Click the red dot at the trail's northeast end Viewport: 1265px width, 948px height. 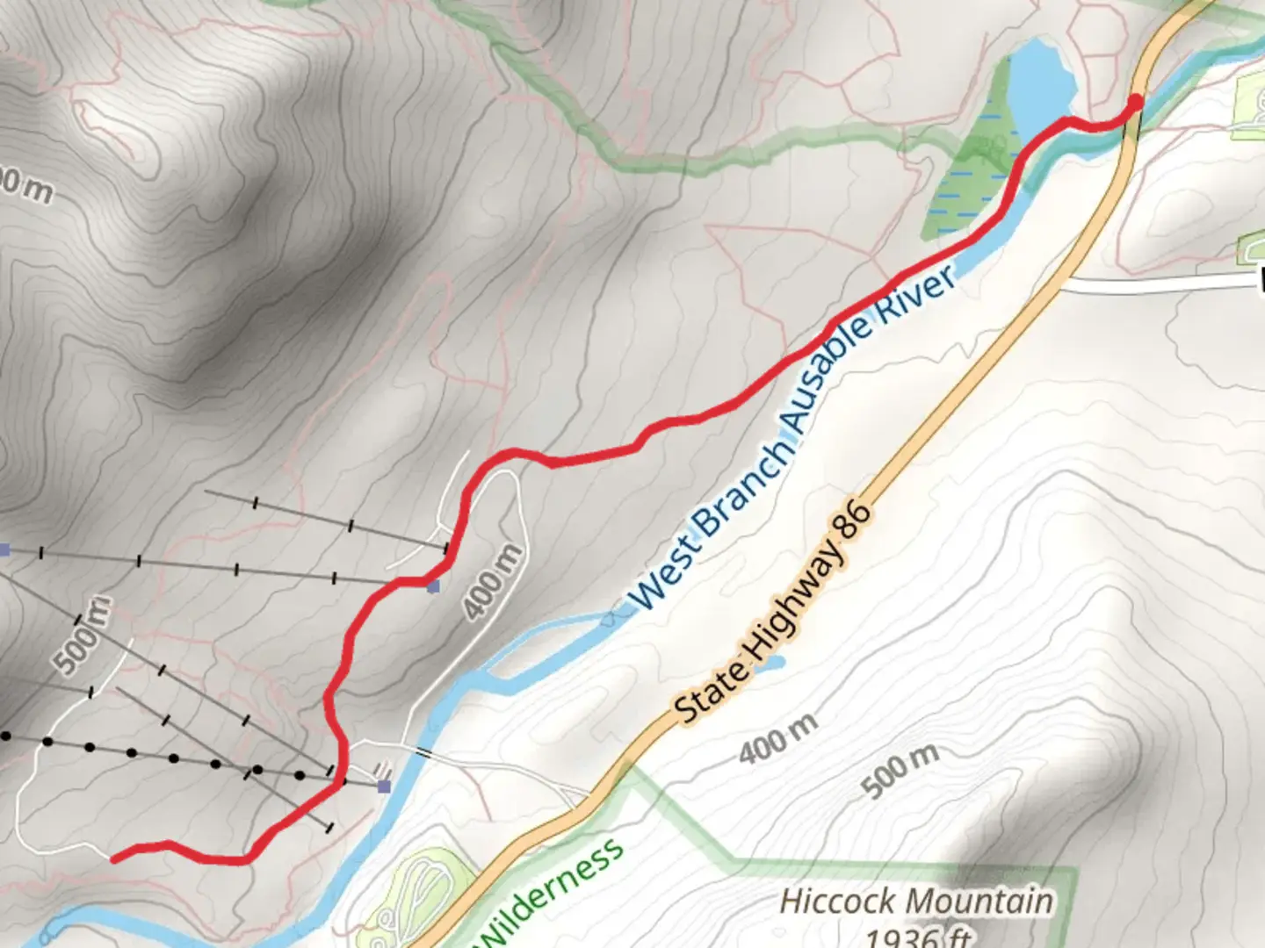tap(1135, 103)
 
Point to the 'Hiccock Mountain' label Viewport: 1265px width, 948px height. tap(916, 901)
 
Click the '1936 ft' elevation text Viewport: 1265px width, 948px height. tap(918, 936)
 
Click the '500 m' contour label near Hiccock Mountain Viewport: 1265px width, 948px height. tap(900, 770)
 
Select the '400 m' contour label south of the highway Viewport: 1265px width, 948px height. tap(777, 738)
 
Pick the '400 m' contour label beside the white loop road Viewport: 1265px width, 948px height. tap(492, 582)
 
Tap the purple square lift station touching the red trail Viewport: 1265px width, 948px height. tap(433, 585)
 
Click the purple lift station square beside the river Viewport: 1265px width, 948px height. tap(384, 786)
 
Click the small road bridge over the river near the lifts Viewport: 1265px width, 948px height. tap(424, 752)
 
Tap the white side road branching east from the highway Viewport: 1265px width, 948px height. tap(1160, 284)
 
